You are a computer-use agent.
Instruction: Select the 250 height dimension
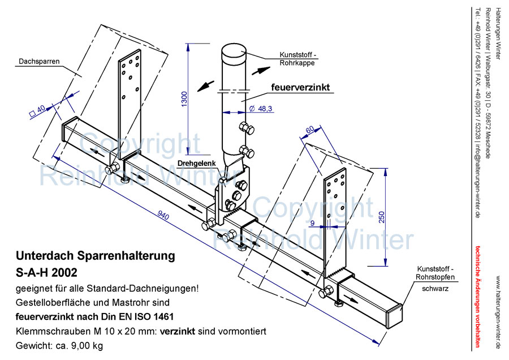pyautogui.click(x=382, y=217)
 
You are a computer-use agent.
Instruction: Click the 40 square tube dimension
pyautogui.click(x=40, y=110)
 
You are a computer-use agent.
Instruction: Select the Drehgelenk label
pyautogui.click(x=196, y=163)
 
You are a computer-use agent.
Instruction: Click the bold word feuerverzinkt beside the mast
pyautogui.click(x=300, y=87)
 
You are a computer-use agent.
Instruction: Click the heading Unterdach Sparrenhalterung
pyautogui.click(x=96, y=256)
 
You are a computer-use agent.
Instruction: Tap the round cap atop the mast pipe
pyautogui.click(x=234, y=54)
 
